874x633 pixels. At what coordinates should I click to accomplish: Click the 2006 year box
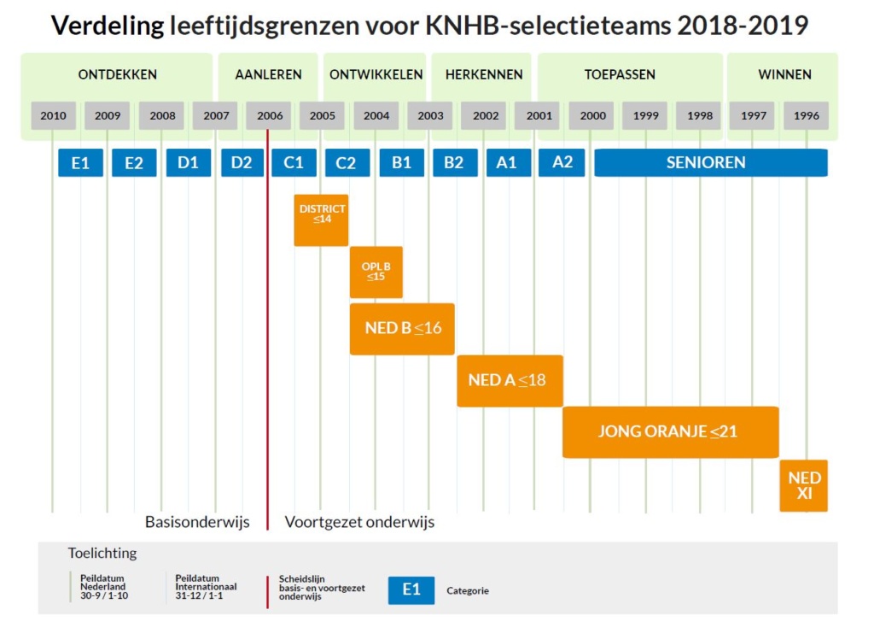click(269, 116)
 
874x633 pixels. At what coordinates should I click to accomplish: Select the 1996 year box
click(806, 116)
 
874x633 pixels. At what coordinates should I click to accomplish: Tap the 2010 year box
click(53, 116)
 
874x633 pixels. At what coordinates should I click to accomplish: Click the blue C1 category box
click(294, 162)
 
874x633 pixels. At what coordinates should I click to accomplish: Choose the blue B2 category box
click(454, 162)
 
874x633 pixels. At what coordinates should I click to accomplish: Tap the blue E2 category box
click(134, 162)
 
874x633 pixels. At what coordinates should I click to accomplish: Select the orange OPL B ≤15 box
click(376, 273)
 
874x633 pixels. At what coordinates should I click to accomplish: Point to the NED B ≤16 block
click(402, 328)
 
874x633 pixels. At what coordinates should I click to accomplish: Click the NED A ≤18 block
click(510, 380)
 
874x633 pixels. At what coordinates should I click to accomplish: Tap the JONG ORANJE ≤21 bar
click(670, 431)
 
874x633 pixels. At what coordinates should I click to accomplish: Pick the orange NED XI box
click(804, 485)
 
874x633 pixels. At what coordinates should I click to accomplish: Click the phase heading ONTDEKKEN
click(118, 74)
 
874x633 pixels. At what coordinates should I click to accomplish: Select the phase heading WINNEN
click(784, 74)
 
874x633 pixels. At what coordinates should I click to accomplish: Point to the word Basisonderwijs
click(197, 522)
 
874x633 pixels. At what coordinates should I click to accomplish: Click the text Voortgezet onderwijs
click(359, 522)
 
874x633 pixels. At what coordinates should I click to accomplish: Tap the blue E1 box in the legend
click(411, 590)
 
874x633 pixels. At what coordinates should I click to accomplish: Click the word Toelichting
click(102, 553)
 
